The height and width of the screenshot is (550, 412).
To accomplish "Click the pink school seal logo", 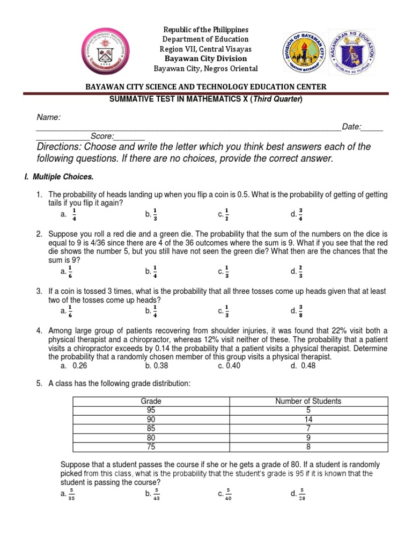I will [112, 53].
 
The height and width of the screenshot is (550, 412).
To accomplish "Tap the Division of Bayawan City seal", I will [304, 53].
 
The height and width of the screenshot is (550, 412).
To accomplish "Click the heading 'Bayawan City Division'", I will [205, 59].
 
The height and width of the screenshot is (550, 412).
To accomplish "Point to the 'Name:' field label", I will [48, 117].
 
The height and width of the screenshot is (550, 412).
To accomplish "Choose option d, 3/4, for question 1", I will [297, 214].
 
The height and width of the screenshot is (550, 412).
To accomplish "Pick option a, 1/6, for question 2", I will [67, 271].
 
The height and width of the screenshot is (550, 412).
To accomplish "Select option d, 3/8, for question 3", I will [297, 310].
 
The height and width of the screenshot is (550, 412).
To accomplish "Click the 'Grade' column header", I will [151, 401].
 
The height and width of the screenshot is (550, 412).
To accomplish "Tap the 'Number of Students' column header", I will [308, 401].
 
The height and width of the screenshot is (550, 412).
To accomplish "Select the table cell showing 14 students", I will [308, 419].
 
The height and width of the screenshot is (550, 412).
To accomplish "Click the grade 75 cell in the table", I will [151, 446].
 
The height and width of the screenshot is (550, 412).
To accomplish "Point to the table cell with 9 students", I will [308, 438].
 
